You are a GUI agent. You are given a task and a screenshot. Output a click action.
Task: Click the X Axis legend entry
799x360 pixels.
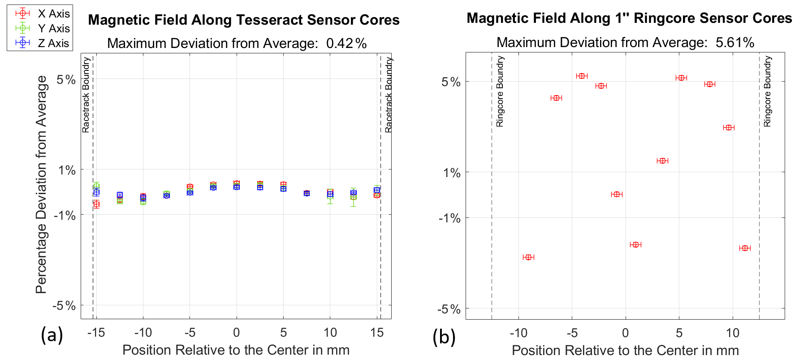point(53,14)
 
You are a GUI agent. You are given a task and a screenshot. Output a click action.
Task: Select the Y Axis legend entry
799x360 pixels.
point(53,29)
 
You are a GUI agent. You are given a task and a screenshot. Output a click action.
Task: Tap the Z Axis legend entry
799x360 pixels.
point(53,43)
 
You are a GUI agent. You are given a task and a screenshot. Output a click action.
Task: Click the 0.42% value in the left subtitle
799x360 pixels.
point(346,43)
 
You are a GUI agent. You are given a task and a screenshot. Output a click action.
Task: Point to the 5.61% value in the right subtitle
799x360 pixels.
point(735,43)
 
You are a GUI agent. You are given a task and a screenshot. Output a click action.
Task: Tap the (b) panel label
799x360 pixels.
point(444,337)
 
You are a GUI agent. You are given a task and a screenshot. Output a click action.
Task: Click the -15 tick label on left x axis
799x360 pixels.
point(95,333)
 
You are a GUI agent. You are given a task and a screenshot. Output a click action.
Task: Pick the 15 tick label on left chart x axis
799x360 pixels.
point(377,333)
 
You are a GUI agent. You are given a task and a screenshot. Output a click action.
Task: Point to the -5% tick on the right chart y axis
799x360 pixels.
point(449,309)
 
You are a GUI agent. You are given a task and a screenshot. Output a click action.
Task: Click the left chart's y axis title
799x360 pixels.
point(41,184)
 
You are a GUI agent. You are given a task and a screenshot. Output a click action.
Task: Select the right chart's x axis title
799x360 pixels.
point(625,350)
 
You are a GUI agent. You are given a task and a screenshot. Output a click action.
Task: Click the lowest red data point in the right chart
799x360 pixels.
point(528,257)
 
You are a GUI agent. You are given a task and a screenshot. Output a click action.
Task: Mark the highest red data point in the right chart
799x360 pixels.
point(582,76)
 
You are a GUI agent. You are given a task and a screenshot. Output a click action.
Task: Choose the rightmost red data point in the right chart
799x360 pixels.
point(745,248)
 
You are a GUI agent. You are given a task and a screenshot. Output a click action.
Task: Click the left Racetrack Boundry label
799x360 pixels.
point(86,95)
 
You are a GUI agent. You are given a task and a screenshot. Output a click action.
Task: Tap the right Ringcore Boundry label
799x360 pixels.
point(767,91)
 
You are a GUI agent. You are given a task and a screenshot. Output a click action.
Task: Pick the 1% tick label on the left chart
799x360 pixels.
point(67,170)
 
